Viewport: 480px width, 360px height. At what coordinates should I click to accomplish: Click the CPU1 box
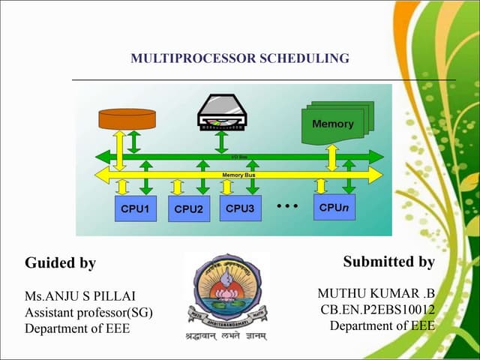click(x=135, y=208)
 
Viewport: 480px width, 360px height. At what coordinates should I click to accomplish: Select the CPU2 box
click(x=189, y=209)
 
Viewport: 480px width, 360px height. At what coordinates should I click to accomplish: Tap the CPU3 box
click(x=240, y=208)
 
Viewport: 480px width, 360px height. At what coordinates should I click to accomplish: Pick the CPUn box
click(x=334, y=207)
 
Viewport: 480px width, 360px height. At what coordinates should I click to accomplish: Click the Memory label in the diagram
click(x=332, y=124)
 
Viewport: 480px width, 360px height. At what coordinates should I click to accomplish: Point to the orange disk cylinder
click(x=127, y=118)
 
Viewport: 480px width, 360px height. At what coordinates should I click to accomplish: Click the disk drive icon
click(x=222, y=111)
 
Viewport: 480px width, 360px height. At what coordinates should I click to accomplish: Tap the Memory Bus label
click(x=239, y=175)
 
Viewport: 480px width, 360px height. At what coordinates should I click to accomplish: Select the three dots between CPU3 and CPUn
click(x=287, y=205)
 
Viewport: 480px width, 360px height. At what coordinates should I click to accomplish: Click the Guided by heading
click(x=60, y=263)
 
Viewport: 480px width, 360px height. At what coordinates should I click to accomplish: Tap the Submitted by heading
click(x=388, y=262)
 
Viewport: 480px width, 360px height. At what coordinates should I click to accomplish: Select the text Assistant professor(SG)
click(x=88, y=312)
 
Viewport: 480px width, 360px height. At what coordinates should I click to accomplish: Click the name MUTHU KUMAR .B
click(x=376, y=292)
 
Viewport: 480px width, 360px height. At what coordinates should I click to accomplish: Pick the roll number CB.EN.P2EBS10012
click(x=377, y=309)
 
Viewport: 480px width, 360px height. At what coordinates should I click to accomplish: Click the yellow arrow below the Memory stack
click(x=332, y=157)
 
